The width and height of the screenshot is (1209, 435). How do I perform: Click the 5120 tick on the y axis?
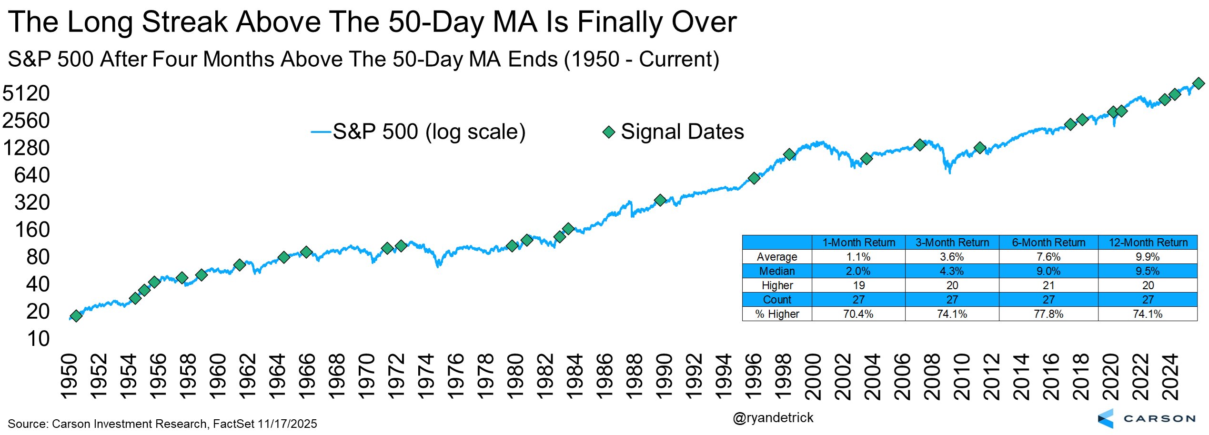26,93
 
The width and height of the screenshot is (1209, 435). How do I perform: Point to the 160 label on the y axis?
32,230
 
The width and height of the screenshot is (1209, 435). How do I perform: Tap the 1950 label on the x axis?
70,376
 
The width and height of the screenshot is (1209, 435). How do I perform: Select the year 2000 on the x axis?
813,376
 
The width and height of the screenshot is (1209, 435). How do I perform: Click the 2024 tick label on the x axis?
1170,376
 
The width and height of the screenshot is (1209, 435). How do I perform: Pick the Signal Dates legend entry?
673,132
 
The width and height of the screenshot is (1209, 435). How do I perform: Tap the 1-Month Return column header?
858,243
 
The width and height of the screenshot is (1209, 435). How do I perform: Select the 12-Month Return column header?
1148,243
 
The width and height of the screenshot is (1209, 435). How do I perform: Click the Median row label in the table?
777,271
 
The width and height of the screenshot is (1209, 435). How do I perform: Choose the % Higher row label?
777,314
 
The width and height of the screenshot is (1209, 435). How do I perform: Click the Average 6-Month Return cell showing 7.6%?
1048,257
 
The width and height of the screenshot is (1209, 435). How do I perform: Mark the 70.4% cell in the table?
858,314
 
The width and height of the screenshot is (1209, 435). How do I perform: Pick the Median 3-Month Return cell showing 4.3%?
952,271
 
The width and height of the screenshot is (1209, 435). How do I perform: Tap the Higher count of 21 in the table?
1048,285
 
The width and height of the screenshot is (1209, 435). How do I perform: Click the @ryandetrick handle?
773,418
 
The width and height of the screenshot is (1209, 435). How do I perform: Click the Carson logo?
1146,418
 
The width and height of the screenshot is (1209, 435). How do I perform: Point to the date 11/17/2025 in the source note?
287,424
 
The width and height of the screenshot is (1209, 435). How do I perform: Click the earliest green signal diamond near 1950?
76,316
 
